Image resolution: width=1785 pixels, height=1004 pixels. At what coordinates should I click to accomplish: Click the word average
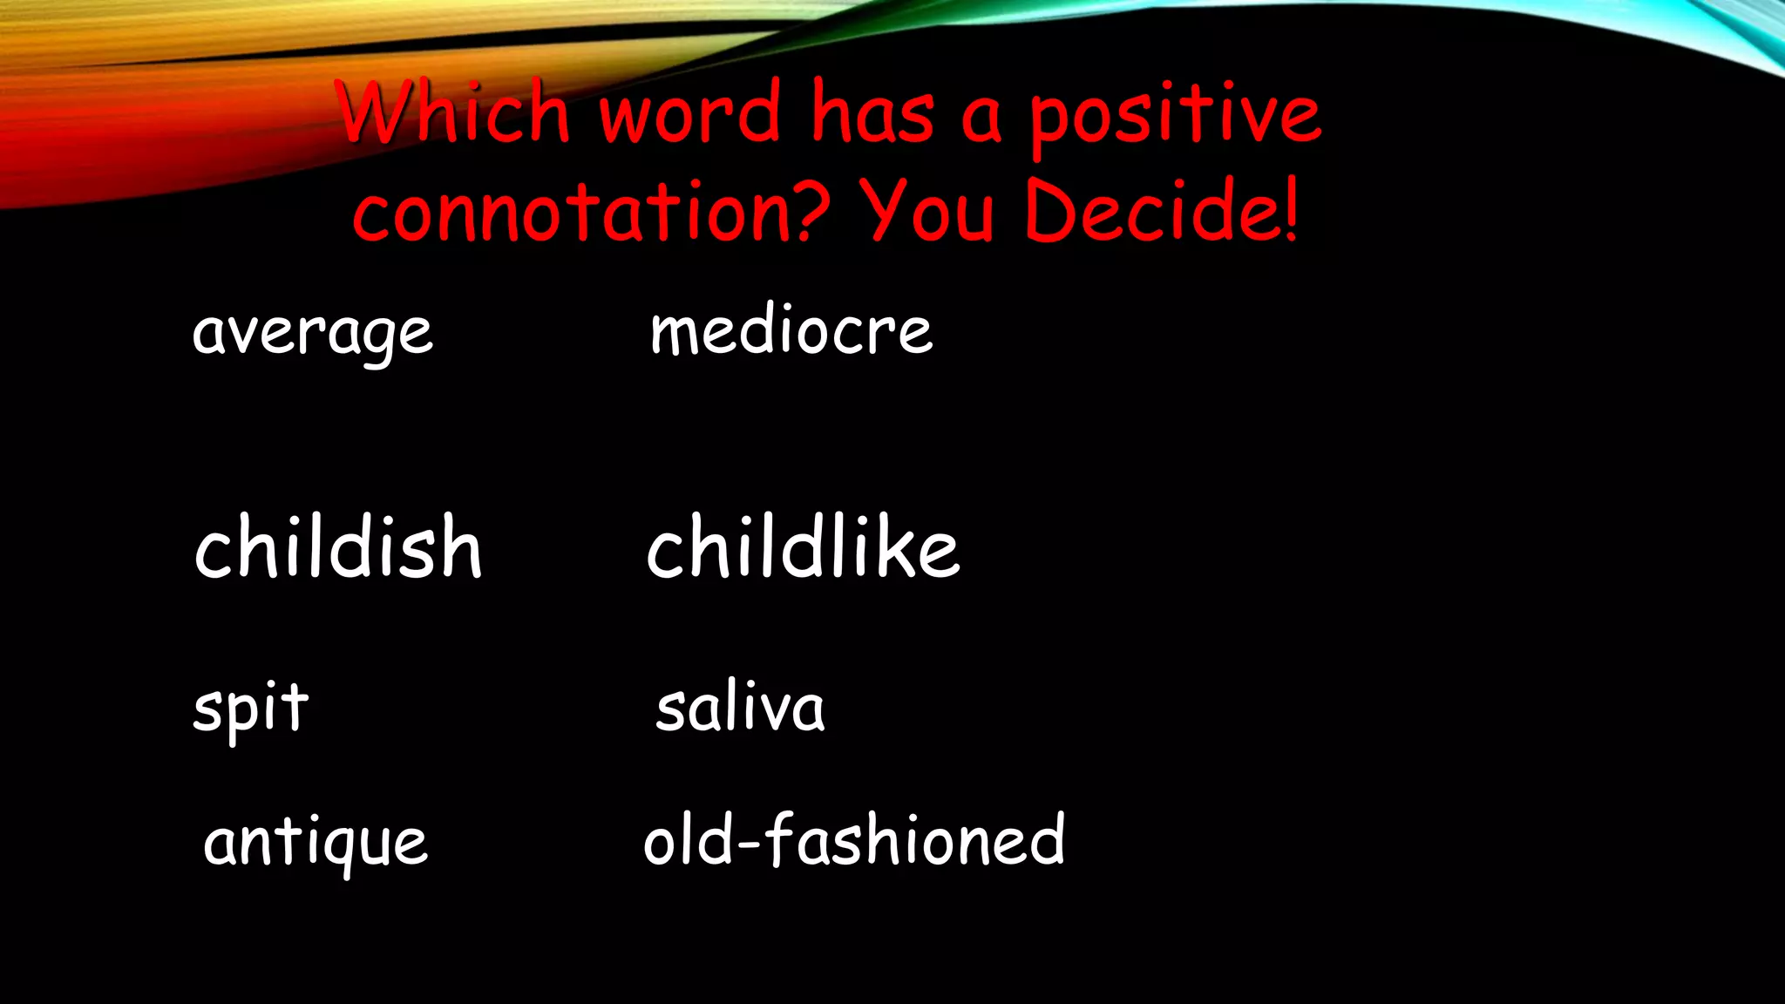(312, 333)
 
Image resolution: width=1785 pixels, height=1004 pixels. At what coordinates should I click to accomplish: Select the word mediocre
(791, 331)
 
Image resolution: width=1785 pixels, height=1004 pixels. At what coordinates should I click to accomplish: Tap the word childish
(338, 547)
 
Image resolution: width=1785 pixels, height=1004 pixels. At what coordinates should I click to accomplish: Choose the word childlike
(803, 547)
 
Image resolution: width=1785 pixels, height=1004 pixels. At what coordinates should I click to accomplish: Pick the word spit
(251, 708)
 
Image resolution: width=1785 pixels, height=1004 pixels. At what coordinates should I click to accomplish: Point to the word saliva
(740, 708)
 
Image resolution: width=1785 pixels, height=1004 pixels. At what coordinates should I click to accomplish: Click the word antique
(316, 843)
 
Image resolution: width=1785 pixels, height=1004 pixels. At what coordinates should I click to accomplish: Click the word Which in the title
(453, 113)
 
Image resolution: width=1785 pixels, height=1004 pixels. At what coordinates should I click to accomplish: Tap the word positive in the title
(1175, 117)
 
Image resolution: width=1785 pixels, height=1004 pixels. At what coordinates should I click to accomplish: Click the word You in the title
(927, 212)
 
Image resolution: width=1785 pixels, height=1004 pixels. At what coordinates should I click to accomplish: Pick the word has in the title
(872, 113)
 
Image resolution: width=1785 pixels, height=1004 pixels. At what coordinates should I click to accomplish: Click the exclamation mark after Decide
(1290, 209)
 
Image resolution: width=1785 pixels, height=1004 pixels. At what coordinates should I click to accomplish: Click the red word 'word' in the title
(689, 113)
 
